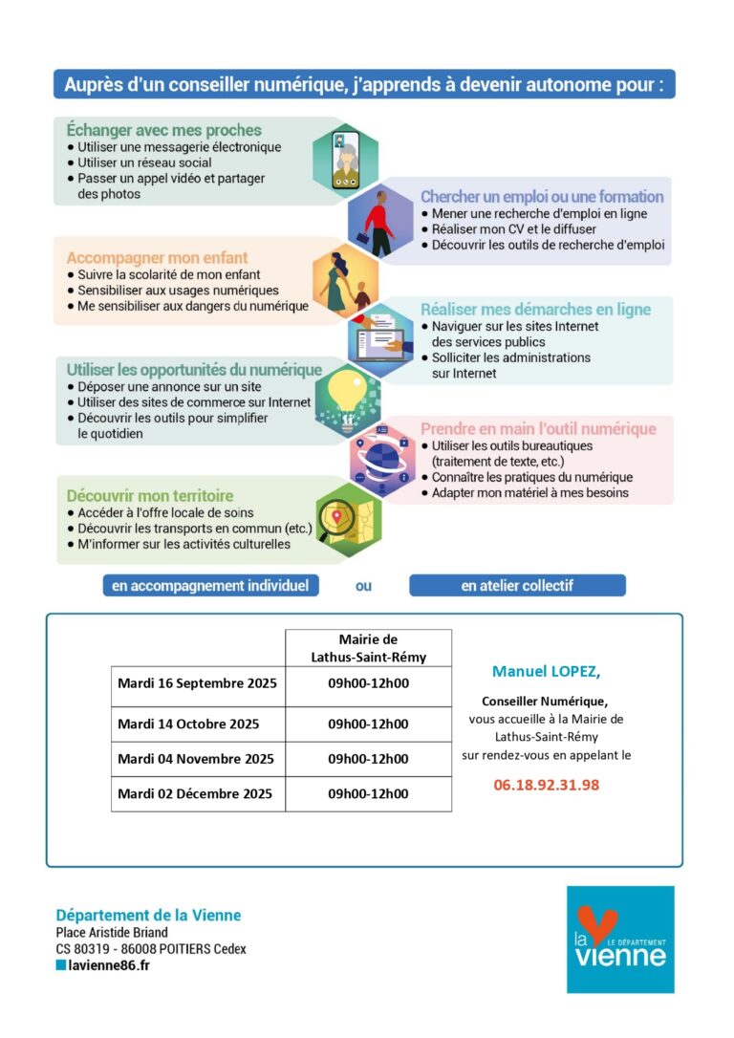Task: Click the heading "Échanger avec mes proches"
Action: pyautogui.click(x=163, y=130)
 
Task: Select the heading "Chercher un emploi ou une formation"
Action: pyautogui.click(x=542, y=196)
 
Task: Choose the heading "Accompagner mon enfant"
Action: pyautogui.click(x=157, y=257)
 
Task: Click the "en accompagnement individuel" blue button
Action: pyautogui.click(x=210, y=586)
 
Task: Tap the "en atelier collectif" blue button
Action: pyautogui.click(x=517, y=586)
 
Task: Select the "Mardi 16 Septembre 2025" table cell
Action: pyautogui.click(x=197, y=683)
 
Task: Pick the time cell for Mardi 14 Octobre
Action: pyautogui.click(x=368, y=724)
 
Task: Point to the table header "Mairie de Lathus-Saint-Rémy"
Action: pyautogui.click(x=368, y=648)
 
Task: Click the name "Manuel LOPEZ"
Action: pyautogui.click(x=546, y=671)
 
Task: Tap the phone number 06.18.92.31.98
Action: pyautogui.click(x=546, y=785)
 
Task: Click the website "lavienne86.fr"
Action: pyautogui.click(x=108, y=965)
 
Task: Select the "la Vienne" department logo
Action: pyautogui.click(x=619, y=939)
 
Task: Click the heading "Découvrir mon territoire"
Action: pyautogui.click(x=150, y=496)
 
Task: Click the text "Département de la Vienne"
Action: pyautogui.click(x=148, y=915)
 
